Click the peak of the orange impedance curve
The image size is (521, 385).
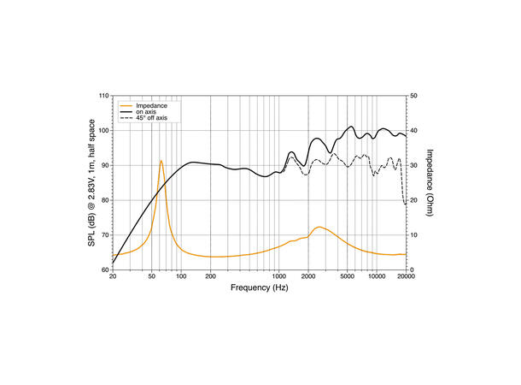tap(161, 161)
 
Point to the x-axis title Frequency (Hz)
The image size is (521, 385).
tap(259, 288)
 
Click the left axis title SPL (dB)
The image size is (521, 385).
tap(91, 182)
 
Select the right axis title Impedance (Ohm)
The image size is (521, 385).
tap(430, 182)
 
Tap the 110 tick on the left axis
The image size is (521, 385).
tap(104, 96)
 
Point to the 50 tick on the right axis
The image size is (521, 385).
tap(413, 96)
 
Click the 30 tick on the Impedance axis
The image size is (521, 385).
tap(413, 165)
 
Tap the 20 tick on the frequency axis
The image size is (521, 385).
tap(113, 277)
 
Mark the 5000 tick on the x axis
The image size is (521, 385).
tap(347, 277)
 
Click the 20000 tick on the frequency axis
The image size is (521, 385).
tap(405, 277)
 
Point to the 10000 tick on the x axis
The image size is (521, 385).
tap(376, 277)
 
